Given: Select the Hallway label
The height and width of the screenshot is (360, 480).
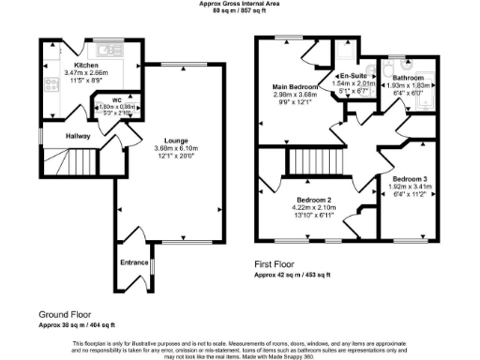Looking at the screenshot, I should [78, 136].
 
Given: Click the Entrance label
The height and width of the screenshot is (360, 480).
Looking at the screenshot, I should [134, 262].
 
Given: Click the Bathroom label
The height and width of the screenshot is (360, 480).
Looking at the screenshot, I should [408, 78].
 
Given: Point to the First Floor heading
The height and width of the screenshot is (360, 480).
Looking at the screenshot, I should [278, 265].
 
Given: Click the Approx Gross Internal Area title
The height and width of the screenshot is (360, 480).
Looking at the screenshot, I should [239, 4].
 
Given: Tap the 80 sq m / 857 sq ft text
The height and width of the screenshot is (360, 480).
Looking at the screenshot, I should [239, 11].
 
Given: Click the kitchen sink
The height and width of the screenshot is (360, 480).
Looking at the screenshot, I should [105, 48].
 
